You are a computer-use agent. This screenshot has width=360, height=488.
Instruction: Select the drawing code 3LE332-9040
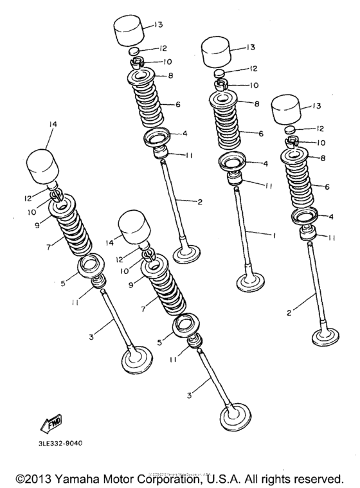click(55, 444)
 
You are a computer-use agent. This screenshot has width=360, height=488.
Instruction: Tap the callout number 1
click(274, 236)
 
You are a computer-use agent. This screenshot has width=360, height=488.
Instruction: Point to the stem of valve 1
click(244, 225)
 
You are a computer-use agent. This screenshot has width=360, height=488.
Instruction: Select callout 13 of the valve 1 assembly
click(250, 46)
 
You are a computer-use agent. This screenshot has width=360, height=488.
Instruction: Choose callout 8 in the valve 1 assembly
click(256, 104)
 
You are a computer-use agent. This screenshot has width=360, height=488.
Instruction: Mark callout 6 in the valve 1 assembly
click(261, 134)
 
